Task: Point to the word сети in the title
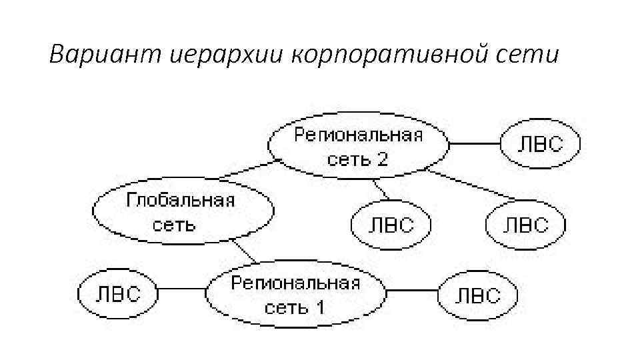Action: point(533,54)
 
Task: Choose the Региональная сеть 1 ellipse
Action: point(295,294)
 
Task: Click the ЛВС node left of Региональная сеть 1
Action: point(117,294)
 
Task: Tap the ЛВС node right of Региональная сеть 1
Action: point(477,295)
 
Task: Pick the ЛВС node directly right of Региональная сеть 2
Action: point(540,144)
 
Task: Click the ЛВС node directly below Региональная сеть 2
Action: point(391,224)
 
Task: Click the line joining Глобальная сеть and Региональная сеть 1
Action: point(245,252)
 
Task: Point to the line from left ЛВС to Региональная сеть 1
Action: point(181,290)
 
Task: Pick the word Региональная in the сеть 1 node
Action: point(295,282)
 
